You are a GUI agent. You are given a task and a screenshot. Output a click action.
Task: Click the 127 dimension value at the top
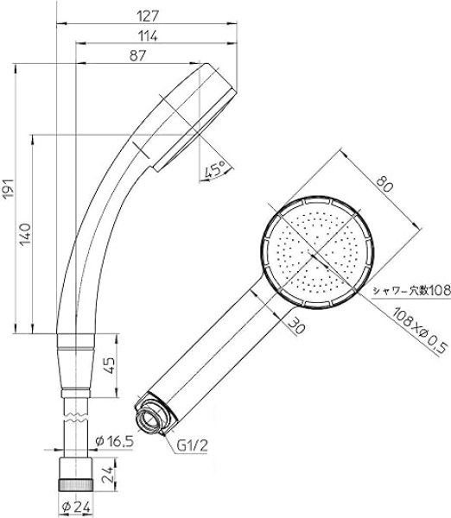coord(148,16)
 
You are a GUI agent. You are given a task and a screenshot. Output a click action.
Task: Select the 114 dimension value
coord(148,36)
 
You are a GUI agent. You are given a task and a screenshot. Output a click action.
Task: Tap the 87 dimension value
coord(137,55)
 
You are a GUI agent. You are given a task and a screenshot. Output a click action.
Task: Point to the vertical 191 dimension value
coord(8,188)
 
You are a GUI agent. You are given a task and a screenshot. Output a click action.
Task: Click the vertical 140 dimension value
coord(25,235)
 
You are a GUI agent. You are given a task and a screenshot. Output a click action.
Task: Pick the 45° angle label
coord(214,170)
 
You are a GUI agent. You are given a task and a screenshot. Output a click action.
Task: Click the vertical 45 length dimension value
coord(110,365)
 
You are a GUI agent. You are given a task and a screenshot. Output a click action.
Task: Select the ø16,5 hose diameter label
coord(114,441)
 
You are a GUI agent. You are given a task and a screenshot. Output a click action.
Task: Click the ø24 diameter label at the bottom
coord(76,508)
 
